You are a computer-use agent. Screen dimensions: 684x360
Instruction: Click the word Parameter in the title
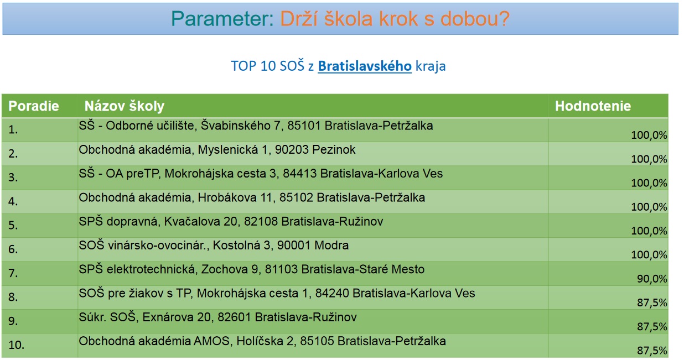(222, 19)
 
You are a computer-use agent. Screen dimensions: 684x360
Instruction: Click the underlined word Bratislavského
(365, 66)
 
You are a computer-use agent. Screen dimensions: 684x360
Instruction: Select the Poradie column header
(34, 106)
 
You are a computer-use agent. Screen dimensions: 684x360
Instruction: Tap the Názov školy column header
(125, 106)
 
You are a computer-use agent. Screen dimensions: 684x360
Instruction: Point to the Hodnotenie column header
(593, 106)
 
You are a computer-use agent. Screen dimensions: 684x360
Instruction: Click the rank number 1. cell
(13, 130)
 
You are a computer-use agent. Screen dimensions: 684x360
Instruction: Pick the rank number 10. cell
(17, 345)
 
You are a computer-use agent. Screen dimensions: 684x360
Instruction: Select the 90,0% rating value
(652, 279)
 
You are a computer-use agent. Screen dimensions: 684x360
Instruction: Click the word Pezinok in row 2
(334, 150)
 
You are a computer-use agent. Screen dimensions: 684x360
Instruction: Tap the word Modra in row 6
(331, 246)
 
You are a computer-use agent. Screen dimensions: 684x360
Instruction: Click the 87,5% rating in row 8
(652, 302)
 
